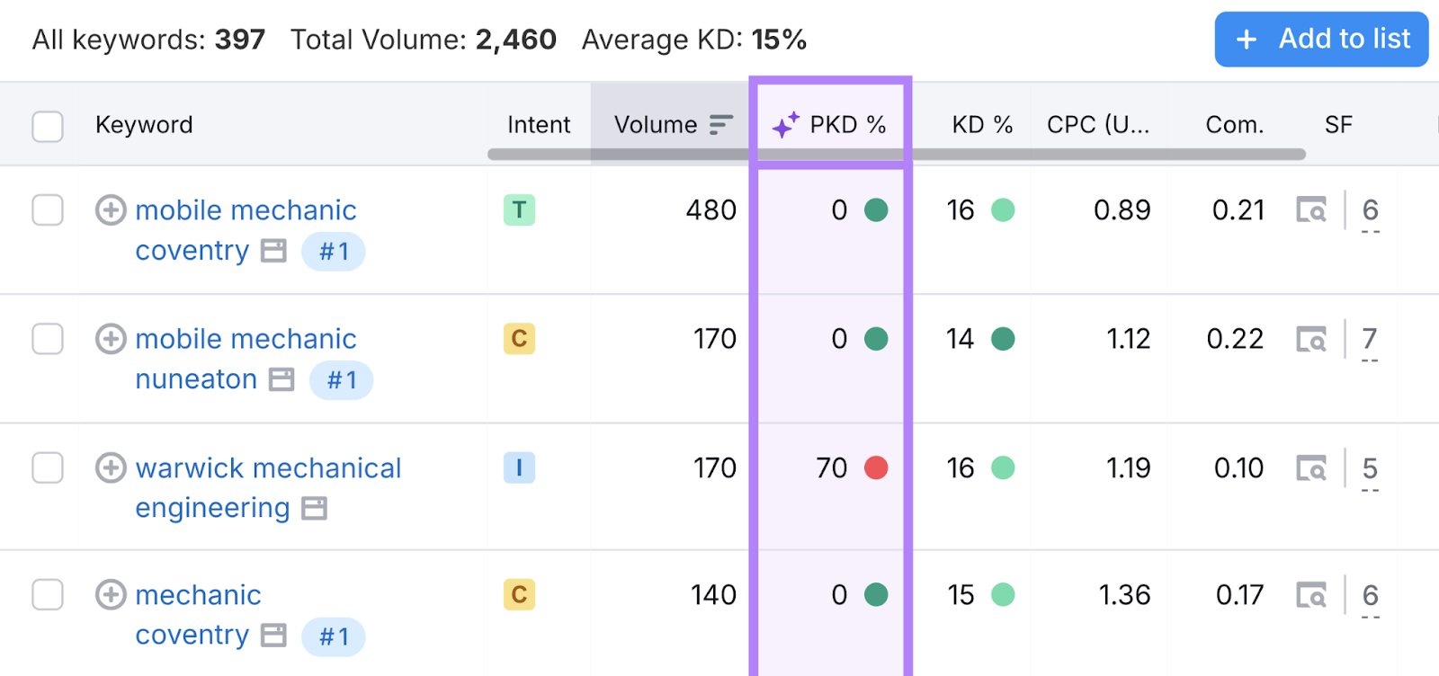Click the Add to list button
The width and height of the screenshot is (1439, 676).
1321,40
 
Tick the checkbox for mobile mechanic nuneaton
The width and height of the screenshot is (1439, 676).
48,339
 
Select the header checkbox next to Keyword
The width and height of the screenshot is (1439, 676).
48,126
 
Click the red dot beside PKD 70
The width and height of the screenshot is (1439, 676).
876,467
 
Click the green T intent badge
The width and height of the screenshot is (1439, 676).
519,210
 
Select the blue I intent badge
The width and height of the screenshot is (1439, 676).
519,467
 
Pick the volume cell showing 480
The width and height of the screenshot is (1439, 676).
711,210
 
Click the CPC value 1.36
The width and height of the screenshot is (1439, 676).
1124,595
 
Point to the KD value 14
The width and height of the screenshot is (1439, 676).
960,339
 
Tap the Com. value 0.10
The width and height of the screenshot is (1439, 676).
1238,467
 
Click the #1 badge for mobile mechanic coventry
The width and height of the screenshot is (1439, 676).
334,252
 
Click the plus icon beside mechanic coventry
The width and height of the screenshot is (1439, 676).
111,595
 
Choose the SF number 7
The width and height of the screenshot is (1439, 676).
1369,339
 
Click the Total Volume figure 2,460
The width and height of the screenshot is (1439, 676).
516,40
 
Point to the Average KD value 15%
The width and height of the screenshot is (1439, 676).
779,40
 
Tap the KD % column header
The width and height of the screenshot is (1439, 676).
982,125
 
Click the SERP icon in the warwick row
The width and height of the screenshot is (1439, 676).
1311,467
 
